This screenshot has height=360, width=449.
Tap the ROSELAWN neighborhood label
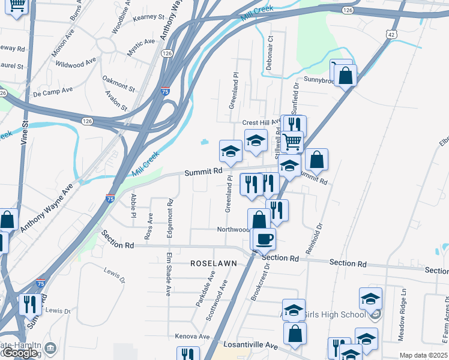pos(213,263)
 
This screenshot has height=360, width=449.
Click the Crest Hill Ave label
pos(261,122)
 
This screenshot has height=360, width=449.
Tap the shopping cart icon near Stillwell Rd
pos(292,142)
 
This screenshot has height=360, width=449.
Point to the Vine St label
pos(25,131)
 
